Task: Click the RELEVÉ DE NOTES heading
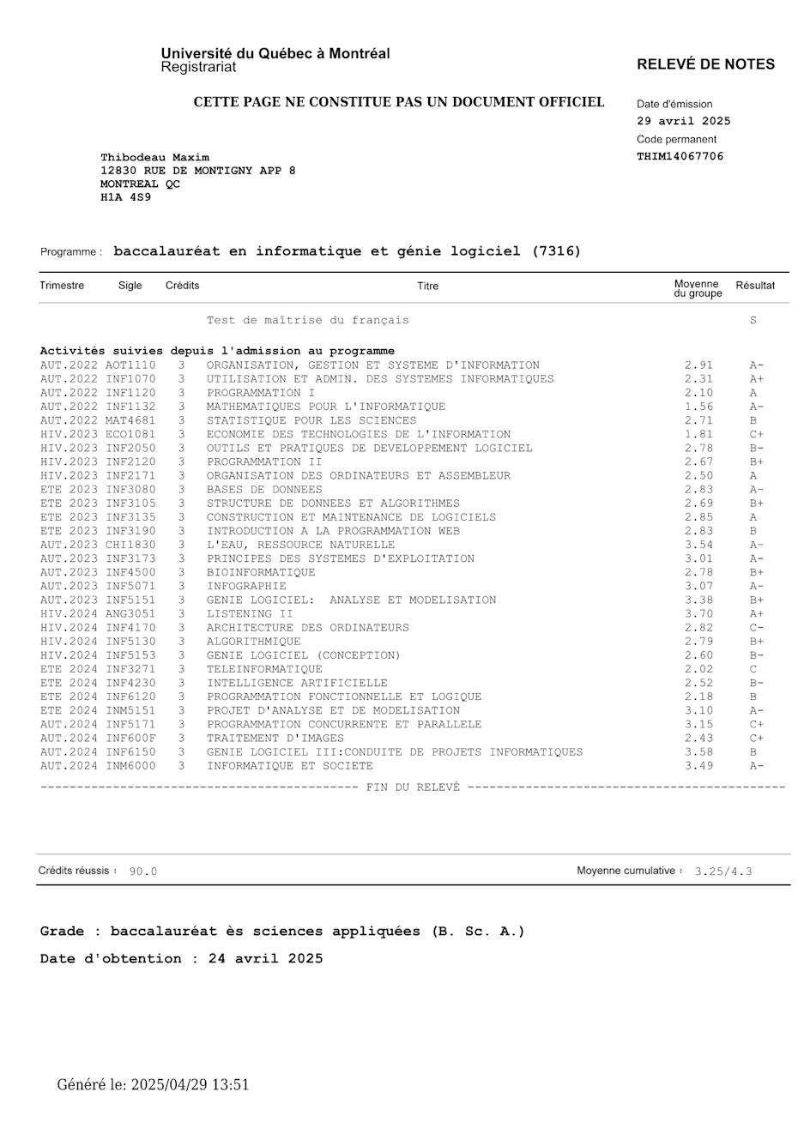tap(705, 64)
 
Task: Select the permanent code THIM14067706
tap(680, 157)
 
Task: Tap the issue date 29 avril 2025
tap(683, 121)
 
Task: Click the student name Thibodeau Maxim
tap(154, 157)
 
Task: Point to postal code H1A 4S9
tap(125, 197)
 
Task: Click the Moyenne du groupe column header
tap(697, 289)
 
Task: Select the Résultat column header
tap(755, 286)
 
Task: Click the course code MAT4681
tap(131, 420)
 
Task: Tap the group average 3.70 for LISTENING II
tap(699, 613)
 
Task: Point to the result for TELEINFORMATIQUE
tap(753, 669)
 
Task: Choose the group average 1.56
tap(699, 407)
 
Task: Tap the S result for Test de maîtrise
tap(753, 320)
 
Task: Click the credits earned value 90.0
tap(143, 872)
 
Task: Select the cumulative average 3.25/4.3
tap(723, 872)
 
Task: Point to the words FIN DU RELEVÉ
tap(413, 786)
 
